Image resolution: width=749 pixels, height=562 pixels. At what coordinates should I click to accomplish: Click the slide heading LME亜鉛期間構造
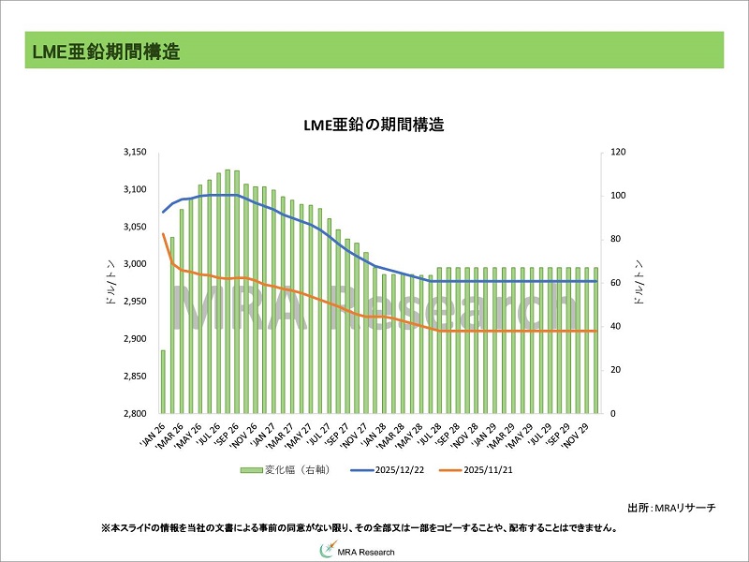pyautogui.click(x=103, y=51)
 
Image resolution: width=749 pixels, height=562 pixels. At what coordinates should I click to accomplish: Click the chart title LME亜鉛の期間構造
pyautogui.click(x=373, y=125)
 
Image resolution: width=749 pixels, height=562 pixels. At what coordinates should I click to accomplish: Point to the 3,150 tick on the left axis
pyautogui.click(x=135, y=152)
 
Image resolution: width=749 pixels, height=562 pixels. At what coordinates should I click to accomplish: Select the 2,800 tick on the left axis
pyautogui.click(x=135, y=413)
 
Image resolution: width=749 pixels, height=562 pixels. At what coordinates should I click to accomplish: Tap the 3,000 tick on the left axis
pyautogui.click(x=135, y=264)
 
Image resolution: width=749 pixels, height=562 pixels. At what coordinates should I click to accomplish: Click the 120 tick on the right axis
pyautogui.click(x=619, y=152)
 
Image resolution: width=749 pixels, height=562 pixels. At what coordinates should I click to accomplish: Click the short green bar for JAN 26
pyautogui.click(x=163, y=381)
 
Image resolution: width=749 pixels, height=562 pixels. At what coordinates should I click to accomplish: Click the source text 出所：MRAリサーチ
pyautogui.click(x=670, y=507)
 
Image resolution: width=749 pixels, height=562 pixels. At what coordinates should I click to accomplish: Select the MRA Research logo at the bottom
pyautogui.click(x=374, y=551)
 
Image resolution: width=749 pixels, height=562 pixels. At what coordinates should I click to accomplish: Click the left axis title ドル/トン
pyautogui.click(x=110, y=283)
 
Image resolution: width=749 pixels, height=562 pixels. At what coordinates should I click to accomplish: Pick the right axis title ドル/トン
pyautogui.click(x=639, y=283)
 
